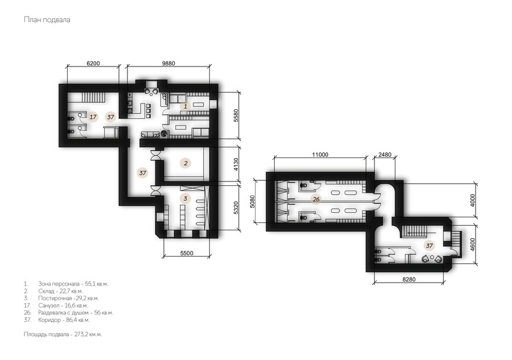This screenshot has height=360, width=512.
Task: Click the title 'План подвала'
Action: (x=47, y=19)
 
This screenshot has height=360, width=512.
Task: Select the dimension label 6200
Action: (x=93, y=63)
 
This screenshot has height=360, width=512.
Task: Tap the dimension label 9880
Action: (x=168, y=63)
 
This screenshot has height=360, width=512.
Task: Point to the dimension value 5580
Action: (x=236, y=115)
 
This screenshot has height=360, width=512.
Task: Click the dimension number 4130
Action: (x=236, y=165)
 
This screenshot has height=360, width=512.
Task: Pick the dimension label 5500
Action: (x=187, y=253)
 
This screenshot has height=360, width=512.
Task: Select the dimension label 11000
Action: (x=320, y=155)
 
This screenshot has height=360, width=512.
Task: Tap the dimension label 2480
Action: (x=385, y=155)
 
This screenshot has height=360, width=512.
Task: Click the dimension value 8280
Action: (x=409, y=279)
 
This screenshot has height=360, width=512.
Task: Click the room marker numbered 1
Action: (x=185, y=106)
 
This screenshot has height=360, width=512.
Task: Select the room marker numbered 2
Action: (x=185, y=163)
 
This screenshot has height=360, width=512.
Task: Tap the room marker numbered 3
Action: (x=185, y=198)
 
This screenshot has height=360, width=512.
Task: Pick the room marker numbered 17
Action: (x=93, y=117)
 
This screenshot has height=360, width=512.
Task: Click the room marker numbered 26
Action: (x=316, y=199)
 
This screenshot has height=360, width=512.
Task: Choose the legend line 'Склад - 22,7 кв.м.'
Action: (x=53, y=291)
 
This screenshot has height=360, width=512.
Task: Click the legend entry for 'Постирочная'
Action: (x=61, y=298)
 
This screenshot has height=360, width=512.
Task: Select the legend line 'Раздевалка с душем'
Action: (x=68, y=312)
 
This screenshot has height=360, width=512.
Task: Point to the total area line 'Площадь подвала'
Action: (x=63, y=334)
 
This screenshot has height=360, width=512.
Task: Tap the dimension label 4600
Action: (x=473, y=245)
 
